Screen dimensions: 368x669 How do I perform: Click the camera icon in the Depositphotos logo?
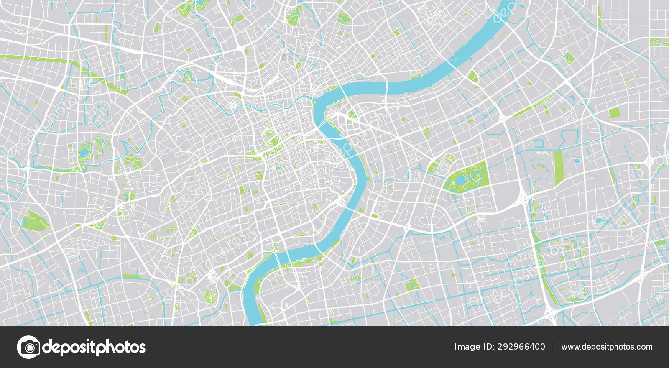[28, 347]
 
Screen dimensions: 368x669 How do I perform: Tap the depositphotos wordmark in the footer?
[94, 347]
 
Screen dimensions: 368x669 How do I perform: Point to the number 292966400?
[521, 347]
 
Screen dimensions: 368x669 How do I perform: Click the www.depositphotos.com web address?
[607, 347]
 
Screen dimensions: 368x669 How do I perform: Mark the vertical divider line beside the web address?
[553, 347]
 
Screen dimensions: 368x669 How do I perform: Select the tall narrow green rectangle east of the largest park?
[558, 168]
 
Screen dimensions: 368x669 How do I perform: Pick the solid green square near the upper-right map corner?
[614, 112]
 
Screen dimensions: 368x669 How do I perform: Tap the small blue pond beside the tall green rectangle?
[577, 161]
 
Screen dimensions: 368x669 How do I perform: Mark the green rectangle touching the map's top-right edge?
[659, 42]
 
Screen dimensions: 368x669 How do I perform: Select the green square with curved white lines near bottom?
[412, 285]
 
